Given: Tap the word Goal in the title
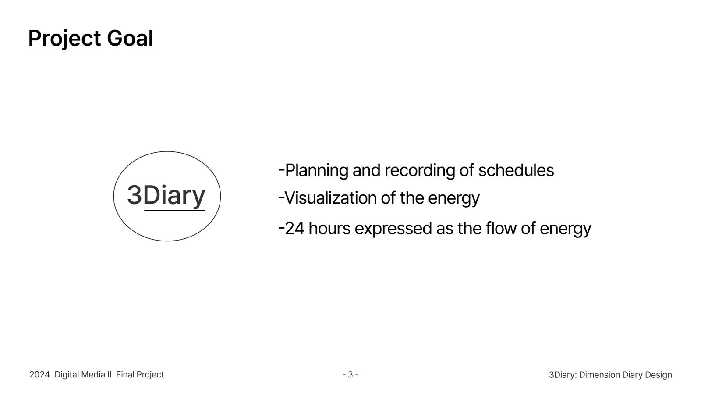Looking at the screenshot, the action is pos(130,38).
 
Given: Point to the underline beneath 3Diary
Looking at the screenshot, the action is pos(175,210).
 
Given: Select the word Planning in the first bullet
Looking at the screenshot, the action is pos(317,171).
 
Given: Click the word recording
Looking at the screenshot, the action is pos(420,171).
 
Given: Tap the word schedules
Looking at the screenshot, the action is pos(516,171).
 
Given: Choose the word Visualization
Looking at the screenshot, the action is pos(331,198).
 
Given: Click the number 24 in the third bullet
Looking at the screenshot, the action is pos(294,228).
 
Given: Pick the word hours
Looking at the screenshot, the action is pos(329,228).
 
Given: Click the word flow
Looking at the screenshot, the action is pos(501,228).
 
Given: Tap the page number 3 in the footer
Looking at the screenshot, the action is pos(350,375).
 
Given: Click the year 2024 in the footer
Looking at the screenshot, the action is pos(39,375).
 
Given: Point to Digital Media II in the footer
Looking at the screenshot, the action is pos(83,375).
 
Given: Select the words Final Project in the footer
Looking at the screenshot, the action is pos(140,375).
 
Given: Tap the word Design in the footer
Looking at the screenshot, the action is pos(659,375).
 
